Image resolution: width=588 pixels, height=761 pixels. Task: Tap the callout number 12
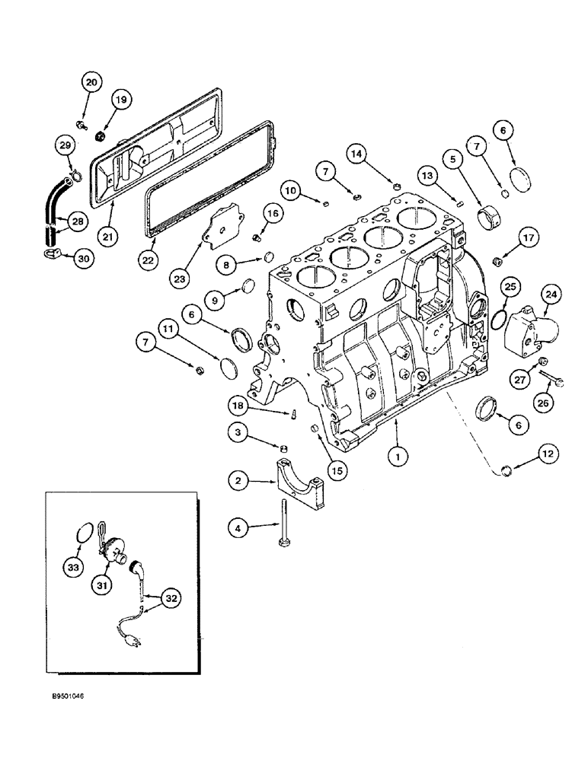(548, 454)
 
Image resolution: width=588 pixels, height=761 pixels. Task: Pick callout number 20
(91, 82)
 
